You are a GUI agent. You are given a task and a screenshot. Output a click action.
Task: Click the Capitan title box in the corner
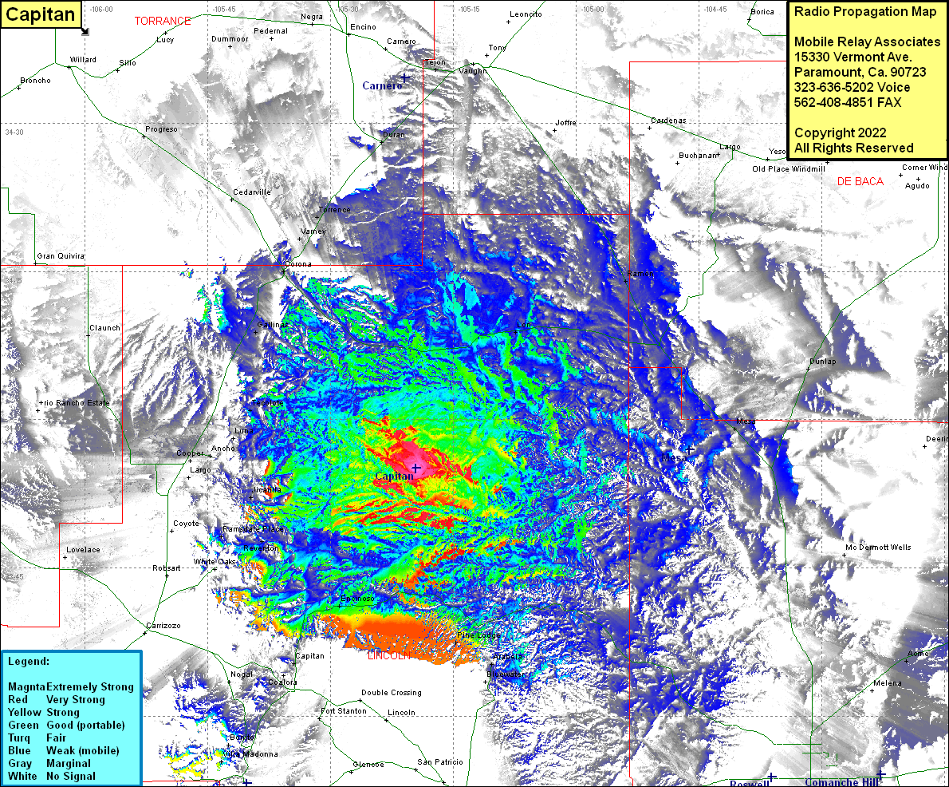(x=41, y=14)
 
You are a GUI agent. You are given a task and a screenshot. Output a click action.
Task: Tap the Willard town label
(x=83, y=60)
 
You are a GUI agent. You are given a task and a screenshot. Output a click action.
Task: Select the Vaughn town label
(x=472, y=71)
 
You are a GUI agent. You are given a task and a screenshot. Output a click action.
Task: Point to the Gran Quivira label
(x=61, y=256)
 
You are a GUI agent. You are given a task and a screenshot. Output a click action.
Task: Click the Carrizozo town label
(x=164, y=626)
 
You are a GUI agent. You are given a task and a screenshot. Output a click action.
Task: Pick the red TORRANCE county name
(x=163, y=22)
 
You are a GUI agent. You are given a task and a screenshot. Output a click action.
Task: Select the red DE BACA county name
(x=860, y=182)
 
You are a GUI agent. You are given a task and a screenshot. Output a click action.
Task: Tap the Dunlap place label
(x=823, y=362)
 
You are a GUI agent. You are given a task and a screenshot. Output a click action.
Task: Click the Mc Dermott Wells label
(x=878, y=548)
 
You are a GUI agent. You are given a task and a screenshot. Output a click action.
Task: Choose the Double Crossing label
(x=391, y=693)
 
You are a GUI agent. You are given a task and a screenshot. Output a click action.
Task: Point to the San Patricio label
(x=439, y=762)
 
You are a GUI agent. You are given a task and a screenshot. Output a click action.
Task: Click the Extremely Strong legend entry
(x=90, y=687)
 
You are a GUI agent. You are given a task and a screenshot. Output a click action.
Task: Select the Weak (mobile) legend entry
(x=83, y=751)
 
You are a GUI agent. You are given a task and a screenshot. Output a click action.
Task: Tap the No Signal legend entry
(x=71, y=777)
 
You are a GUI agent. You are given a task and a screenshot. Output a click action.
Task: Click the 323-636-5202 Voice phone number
(x=853, y=87)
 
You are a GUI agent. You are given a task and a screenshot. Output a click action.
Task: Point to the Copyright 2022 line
(x=841, y=132)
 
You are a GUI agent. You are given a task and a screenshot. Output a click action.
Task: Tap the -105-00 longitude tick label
(x=592, y=10)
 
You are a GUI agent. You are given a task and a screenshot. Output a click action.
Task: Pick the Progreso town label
(x=161, y=129)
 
